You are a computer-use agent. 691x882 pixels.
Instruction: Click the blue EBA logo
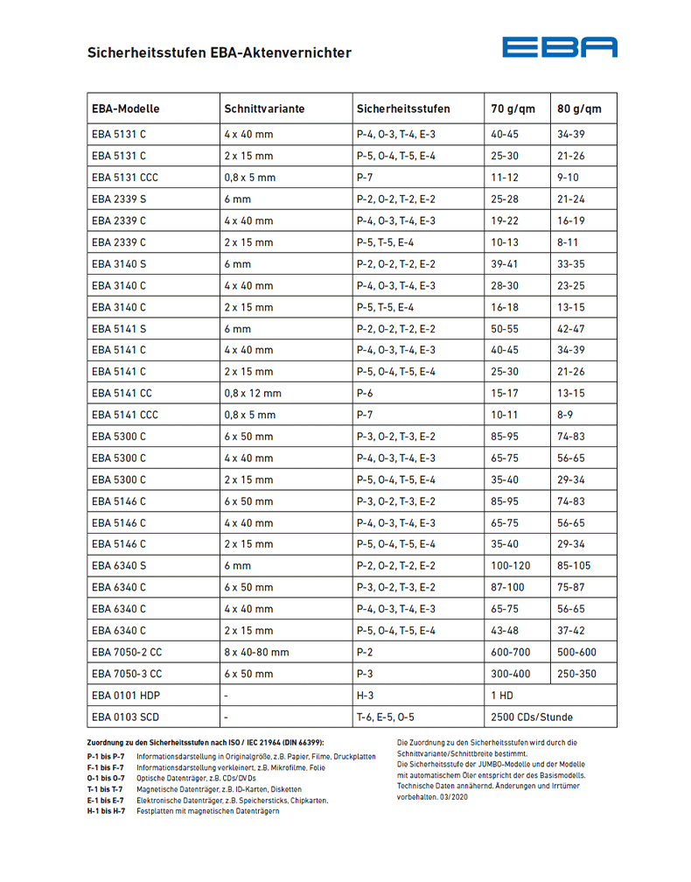[559, 47]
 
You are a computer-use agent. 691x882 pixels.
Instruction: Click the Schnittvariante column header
[264, 109]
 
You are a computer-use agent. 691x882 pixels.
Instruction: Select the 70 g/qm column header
[513, 109]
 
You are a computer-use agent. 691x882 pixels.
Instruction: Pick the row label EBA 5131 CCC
[125, 178]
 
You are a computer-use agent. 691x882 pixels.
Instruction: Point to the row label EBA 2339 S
[119, 199]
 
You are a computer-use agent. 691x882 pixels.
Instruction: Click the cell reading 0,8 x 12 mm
[253, 393]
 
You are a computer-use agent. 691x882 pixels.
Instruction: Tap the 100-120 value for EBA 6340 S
[512, 566]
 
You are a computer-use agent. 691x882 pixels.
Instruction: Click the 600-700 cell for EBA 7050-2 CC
[512, 653]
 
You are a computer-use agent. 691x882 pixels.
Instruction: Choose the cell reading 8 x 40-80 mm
[256, 653]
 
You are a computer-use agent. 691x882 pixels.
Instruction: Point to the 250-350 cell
[577, 675]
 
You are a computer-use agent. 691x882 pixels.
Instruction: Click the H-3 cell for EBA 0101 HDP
[366, 696]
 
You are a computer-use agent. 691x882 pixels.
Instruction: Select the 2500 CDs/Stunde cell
[532, 717]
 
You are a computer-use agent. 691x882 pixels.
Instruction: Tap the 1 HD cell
[501, 696]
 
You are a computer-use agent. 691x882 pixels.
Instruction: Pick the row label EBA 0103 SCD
[125, 717]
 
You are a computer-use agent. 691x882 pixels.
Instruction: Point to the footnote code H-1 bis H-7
[106, 811]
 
